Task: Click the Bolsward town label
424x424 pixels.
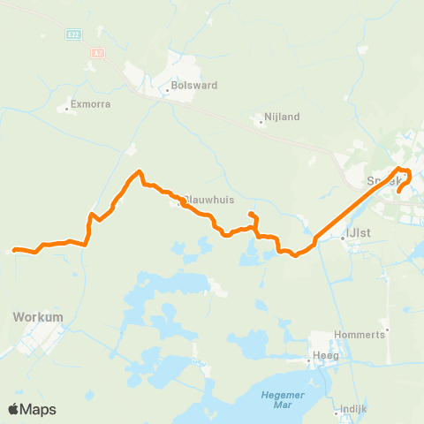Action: (195, 86)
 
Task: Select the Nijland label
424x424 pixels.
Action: (284, 116)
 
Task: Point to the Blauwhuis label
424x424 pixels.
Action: (210, 200)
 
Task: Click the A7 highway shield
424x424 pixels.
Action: (97, 53)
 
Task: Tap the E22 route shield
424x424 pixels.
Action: (73, 34)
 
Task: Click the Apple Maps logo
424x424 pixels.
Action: (32, 409)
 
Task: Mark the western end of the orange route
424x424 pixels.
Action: (13, 250)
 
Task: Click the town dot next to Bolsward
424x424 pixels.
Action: (168, 89)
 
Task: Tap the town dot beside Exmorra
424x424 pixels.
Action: (67, 110)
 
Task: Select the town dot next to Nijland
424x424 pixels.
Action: (261, 123)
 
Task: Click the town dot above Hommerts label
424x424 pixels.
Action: (387, 329)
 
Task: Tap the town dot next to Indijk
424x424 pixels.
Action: (340, 412)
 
